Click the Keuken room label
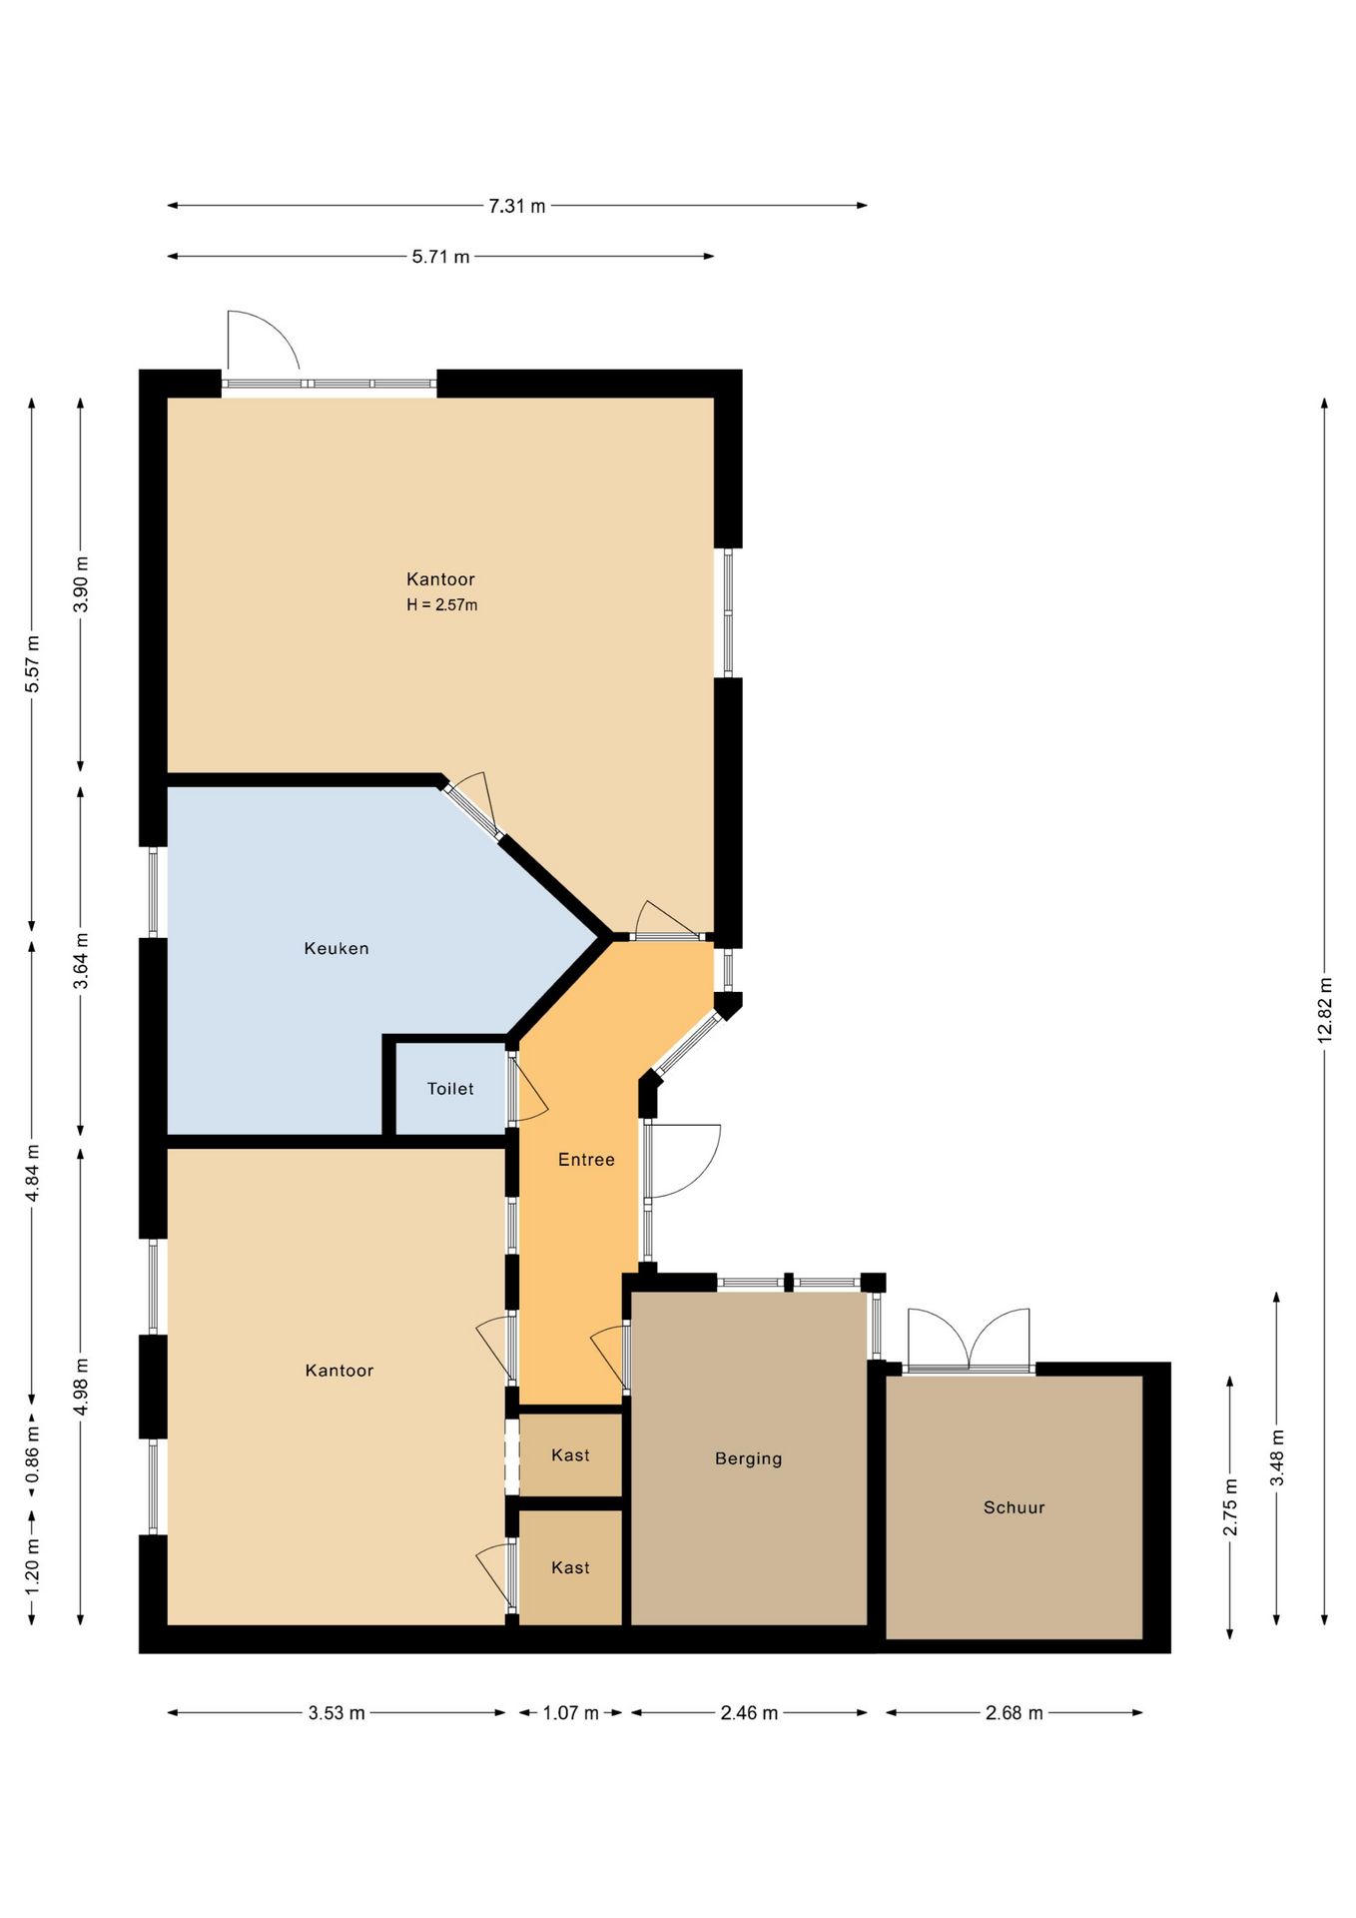pos(337,948)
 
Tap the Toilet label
pos(450,1089)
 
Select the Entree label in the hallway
pos(586,1160)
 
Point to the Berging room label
pos(748,1458)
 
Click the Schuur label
pos(1014,1507)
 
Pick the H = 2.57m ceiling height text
pos(441,604)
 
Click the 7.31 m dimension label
pos(516,206)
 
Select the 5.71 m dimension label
pos(440,257)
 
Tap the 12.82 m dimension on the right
pos(1325,1008)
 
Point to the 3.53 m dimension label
pos(337,1713)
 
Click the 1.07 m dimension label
pos(570,1713)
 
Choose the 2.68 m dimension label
pos(1014,1713)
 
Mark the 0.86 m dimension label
pos(32,1451)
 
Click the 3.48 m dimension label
pos(1277,1457)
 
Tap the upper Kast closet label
pos(570,1455)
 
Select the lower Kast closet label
pos(570,1568)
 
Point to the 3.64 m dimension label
pos(81,961)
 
